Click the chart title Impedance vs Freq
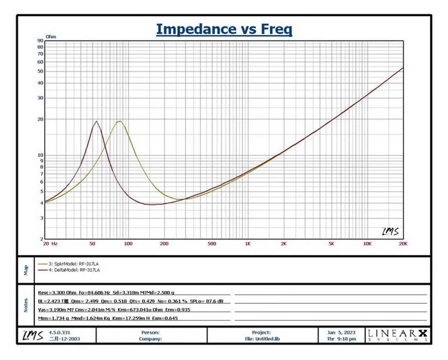click(224, 29)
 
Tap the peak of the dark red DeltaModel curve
click(97, 121)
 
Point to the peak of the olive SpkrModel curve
click(119, 121)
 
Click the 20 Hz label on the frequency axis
click(51, 243)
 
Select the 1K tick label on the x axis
click(248, 243)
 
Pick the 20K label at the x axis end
click(403, 243)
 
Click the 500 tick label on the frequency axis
click(212, 243)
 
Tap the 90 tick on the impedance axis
click(41, 41)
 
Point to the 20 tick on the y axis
click(41, 119)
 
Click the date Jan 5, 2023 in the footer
click(341, 332)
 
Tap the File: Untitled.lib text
click(261, 339)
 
